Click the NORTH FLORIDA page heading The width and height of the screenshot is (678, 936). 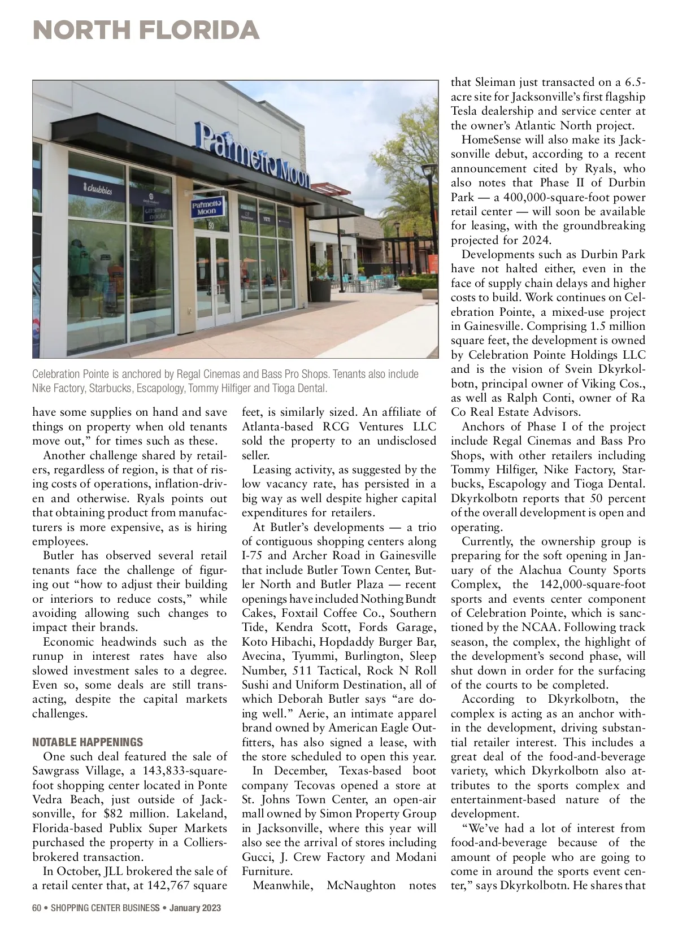click(146, 29)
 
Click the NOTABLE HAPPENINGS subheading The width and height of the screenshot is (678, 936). click(88, 742)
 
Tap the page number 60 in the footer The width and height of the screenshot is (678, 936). click(37, 908)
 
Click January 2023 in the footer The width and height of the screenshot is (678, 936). click(195, 908)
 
